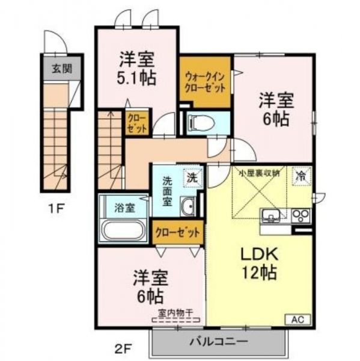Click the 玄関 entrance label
tap(62, 69)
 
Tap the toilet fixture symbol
tap(201, 123)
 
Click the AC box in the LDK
tap(298, 319)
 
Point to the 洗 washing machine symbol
tap(193, 177)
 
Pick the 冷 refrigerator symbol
tap(302, 176)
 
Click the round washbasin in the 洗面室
tap(188, 206)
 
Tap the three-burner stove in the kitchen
tap(301, 216)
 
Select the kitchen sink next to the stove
tap(271, 216)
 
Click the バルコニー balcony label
tap(218, 342)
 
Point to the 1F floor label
tap(56, 208)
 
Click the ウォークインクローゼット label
tap(205, 82)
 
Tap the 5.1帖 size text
tap(136, 78)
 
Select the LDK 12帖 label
tap(259, 264)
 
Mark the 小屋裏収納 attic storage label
tap(259, 173)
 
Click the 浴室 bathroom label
tap(124, 208)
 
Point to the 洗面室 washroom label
tap(167, 191)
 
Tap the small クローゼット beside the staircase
tap(137, 123)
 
